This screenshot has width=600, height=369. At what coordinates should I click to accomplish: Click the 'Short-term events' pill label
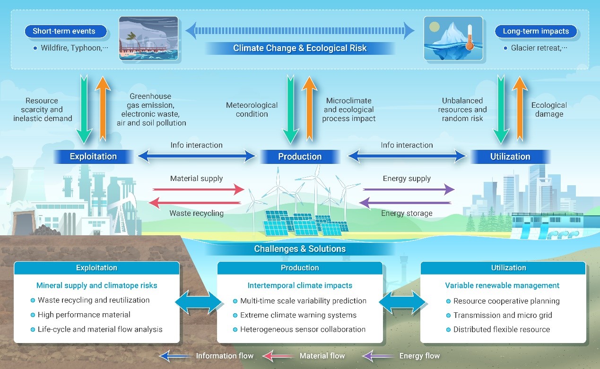tap(64, 32)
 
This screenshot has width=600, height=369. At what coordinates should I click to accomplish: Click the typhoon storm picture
tap(148, 39)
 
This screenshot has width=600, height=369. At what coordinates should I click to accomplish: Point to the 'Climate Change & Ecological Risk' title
tap(300, 48)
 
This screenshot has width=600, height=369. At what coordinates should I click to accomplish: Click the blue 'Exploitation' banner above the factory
tap(93, 156)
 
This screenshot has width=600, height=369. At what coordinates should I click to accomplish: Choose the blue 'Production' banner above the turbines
tap(300, 156)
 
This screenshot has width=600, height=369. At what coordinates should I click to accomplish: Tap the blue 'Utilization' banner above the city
tap(510, 156)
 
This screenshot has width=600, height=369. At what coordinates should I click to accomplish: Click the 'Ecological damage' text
tap(549, 110)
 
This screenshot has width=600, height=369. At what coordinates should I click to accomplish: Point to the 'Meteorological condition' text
tap(252, 110)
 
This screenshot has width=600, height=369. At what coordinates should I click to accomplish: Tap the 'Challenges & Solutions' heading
tap(300, 249)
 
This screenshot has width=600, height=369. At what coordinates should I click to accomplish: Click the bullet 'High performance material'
tap(84, 315)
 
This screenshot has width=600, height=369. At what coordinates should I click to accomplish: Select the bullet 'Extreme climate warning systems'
tap(298, 315)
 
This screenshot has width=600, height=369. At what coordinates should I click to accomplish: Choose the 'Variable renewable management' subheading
tap(502, 285)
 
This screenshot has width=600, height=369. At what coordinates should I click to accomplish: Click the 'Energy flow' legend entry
tap(419, 356)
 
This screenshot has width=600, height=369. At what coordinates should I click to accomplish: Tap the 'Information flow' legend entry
tap(225, 356)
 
